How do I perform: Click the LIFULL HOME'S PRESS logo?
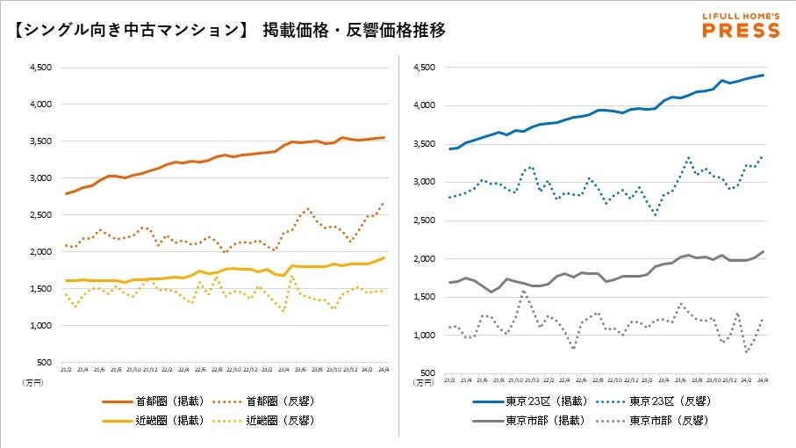[741, 25]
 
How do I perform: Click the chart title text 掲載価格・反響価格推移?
[354, 31]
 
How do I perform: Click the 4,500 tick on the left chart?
[41, 67]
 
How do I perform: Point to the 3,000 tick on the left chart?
[41, 177]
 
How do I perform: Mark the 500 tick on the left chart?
[46, 362]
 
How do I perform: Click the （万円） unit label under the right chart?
[423, 382]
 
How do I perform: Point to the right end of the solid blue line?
[764, 75]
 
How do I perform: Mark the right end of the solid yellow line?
[384, 257]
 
